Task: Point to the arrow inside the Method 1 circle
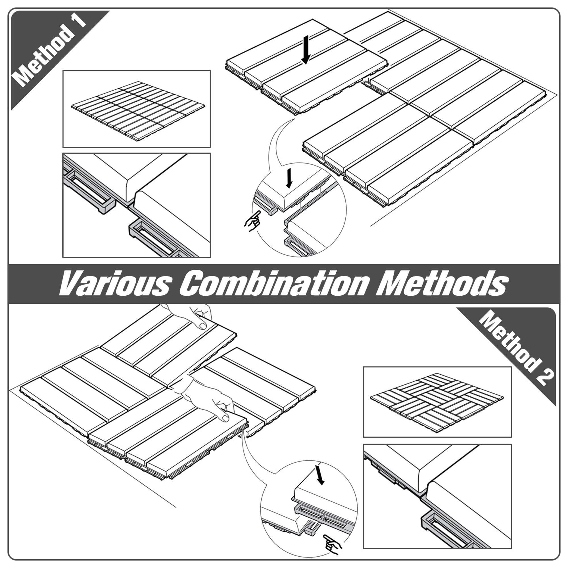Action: point(290,178)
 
